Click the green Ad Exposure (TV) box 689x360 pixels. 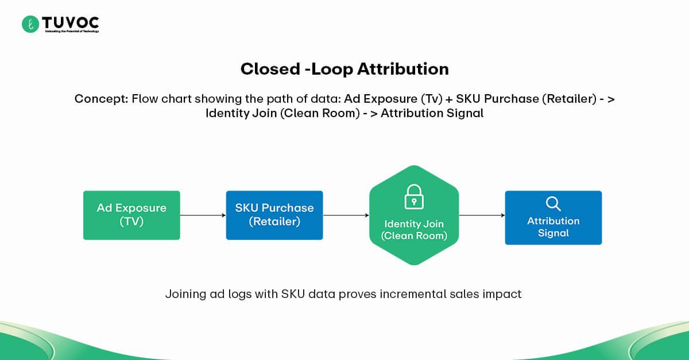[x=131, y=215]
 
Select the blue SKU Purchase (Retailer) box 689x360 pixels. [x=274, y=215]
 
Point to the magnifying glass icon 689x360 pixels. [x=553, y=204]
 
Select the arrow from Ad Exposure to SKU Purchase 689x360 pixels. [x=203, y=215]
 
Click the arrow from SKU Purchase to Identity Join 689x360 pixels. [x=346, y=215]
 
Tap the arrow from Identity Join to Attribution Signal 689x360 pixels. [x=482, y=215]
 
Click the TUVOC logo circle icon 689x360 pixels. [x=30, y=24]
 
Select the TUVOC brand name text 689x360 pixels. [x=70, y=22]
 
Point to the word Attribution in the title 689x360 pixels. [x=402, y=69]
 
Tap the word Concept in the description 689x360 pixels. [x=100, y=99]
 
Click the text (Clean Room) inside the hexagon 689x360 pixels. [x=413, y=235]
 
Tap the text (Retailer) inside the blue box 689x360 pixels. [x=274, y=221]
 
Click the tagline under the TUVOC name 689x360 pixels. [x=72, y=31]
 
